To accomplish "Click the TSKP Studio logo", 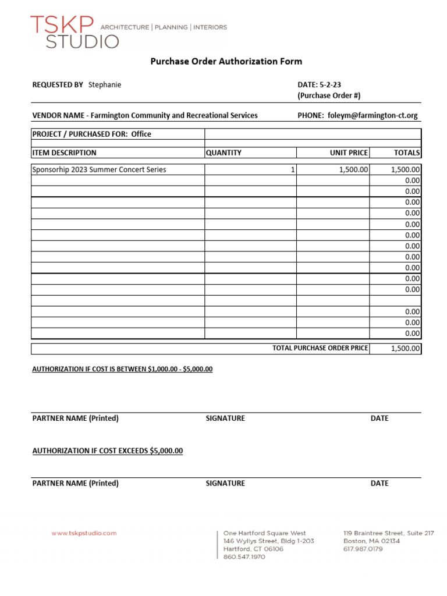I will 74,32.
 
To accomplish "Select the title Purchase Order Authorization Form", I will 226,61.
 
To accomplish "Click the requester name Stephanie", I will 105,85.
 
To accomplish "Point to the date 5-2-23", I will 330,85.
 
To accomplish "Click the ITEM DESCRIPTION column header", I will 65,153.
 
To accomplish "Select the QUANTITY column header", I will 223,153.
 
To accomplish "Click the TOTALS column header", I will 406,153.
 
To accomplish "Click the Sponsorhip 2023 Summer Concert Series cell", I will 99,170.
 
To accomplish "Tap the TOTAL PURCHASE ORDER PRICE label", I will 320,348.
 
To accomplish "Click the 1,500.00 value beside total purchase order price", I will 404,349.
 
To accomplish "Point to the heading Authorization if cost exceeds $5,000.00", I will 108,450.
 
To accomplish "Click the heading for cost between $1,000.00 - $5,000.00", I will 122,369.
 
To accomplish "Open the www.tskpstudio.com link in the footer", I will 84,533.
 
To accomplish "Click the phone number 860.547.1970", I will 244,557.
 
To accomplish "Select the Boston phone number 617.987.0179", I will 363,549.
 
